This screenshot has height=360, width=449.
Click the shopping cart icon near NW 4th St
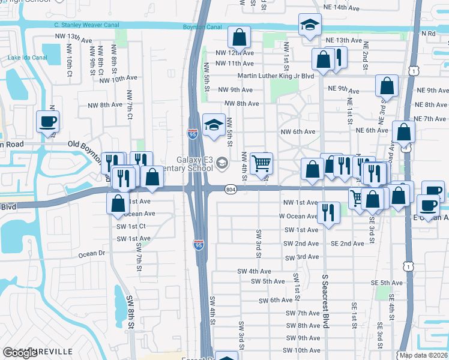pos(261,163)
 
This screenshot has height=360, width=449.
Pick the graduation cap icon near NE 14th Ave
pos(310,25)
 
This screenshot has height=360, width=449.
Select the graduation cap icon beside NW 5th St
pos(213,125)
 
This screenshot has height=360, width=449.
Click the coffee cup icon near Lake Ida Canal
pos(47,121)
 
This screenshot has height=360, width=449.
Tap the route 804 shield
pos(231,190)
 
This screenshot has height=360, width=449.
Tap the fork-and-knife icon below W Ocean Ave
pos(328,213)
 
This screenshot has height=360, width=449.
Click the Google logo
pos(20,353)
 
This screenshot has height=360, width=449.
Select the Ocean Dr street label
pos(92,254)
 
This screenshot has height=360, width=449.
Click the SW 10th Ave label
pos(303,350)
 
